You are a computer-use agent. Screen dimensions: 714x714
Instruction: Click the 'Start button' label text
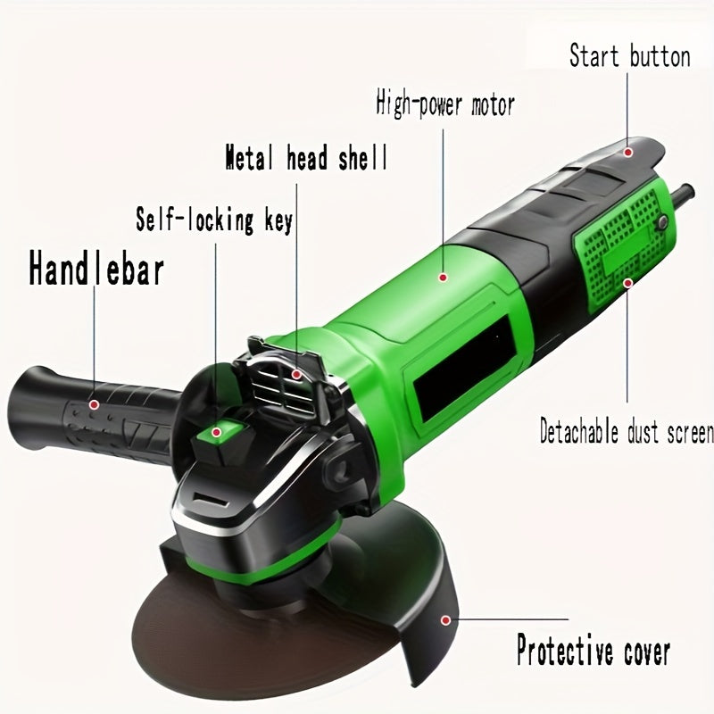point(629,58)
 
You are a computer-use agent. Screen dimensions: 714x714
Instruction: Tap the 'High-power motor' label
point(444,104)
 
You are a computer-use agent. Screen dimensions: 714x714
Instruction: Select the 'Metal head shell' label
point(305,160)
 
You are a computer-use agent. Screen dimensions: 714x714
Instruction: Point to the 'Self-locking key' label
point(213,220)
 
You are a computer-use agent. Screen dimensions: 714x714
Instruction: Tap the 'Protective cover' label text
point(593,651)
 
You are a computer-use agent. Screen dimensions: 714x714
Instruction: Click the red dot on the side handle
point(94,403)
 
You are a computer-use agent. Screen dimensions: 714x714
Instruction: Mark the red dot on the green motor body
point(441,278)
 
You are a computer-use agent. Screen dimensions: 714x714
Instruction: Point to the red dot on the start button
point(628,153)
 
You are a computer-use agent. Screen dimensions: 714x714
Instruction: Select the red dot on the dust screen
point(628,284)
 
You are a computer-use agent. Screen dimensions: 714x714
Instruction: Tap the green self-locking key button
point(214,432)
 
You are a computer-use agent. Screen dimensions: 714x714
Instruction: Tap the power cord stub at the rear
point(685,192)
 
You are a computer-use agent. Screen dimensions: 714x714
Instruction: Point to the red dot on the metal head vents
point(298,376)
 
